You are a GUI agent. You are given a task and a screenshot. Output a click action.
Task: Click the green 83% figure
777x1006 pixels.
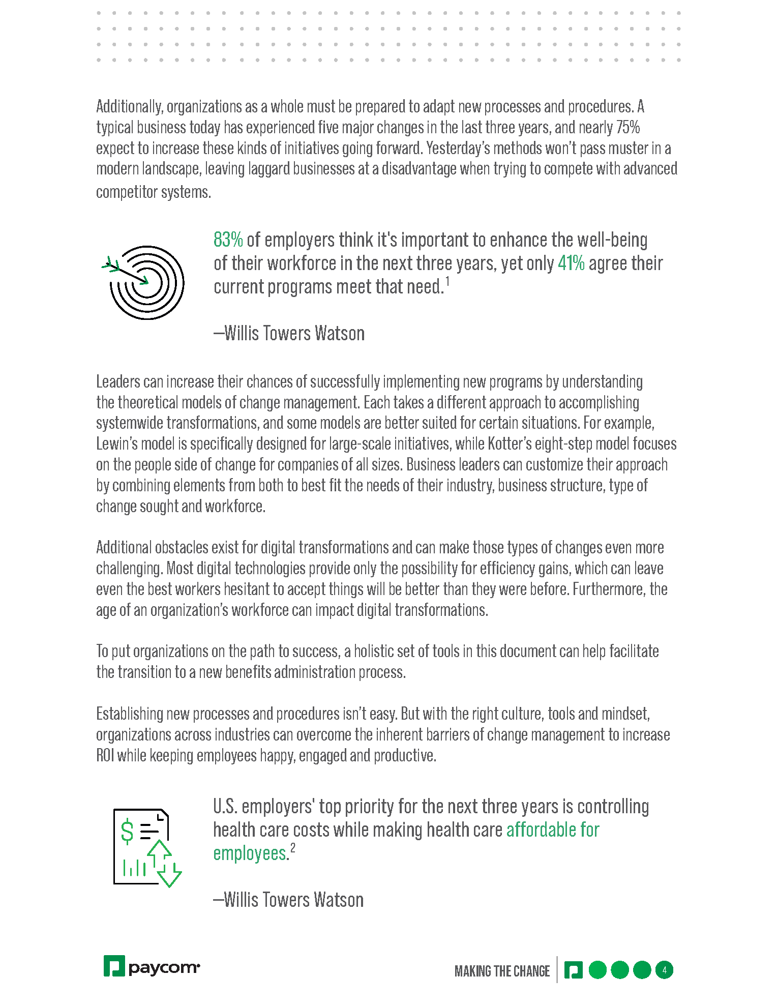pyautogui.click(x=228, y=240)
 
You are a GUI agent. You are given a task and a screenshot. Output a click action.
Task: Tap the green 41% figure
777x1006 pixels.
pyautogui.click(x=571, y=263)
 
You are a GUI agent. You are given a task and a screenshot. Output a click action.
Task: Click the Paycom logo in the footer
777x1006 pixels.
pyautogui.click(x=152, y=966)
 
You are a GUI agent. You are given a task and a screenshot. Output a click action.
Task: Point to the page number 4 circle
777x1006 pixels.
pyautogui.click(x=664, y=970)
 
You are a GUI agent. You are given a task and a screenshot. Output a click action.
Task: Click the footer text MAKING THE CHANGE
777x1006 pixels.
pyautogui.click(x=502, y=971)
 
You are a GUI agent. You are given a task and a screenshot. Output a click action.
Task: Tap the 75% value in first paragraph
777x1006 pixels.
pyautogui.click(x=627, y=127)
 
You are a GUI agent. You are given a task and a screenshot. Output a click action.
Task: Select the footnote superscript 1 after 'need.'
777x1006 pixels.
pyautogui.click(x=447, y=281)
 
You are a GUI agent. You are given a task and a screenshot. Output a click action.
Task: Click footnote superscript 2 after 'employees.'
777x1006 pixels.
pyautogui.click(x=293, y=848)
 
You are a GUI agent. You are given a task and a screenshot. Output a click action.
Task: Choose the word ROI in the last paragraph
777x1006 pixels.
pyautogui.click(x=105, y=756)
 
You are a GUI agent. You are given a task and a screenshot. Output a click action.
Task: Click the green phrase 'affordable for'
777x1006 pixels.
pyautogui.click(x=553, y=830)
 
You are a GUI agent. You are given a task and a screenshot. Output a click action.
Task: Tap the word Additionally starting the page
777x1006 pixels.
pyautogui.click(x=129, y=107)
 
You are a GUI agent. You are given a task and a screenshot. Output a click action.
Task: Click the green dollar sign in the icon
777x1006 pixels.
pyautogui.click(x=127, y=833)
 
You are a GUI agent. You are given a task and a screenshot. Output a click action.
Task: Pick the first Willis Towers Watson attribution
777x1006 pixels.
pyautogui.click(x=289, y=334)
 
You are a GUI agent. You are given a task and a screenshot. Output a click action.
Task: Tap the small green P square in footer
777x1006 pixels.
pyautogui.click(x=573, y=970)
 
